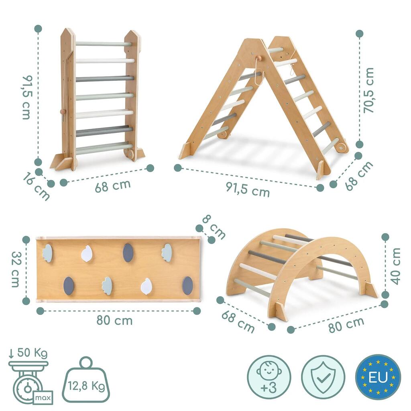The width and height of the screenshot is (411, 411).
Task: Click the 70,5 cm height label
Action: coord(368,90)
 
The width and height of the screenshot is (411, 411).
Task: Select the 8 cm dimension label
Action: coord(214,227)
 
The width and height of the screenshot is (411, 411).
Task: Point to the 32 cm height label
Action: coord(15,269)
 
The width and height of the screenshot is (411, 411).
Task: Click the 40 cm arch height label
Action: coord(395,266)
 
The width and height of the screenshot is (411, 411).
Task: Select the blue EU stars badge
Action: coord(378,377)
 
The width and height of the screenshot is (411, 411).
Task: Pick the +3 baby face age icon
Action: coord(269,377)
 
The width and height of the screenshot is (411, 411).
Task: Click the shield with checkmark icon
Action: coord(323,377)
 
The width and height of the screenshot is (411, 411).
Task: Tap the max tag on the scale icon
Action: coord(43,398)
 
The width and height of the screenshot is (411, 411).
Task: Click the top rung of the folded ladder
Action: coord(103,44)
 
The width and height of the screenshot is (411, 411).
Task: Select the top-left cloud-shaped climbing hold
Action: coord(47,253)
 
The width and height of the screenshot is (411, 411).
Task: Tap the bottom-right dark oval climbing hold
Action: coord(187,284)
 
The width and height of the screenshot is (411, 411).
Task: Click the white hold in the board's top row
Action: coord(87,254)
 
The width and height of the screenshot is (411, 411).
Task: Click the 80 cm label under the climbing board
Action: coord(114,321)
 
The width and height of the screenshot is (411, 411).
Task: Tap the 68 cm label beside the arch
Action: coord(238,321)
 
